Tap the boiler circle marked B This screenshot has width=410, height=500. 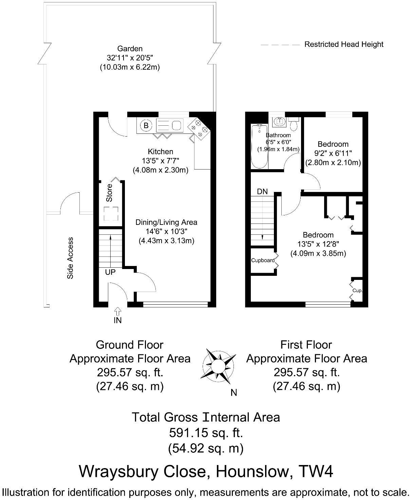[146, 125]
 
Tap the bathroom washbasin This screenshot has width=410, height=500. [279, 121]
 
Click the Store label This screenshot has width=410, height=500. [109, 193]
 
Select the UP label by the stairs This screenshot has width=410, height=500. [110, 272]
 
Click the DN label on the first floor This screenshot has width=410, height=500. [262, 192]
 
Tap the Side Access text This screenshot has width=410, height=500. [70, 258]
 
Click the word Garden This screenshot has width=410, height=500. [130, 49]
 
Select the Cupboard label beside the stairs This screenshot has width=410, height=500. [263, 261]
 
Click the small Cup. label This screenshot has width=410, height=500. [357, 291]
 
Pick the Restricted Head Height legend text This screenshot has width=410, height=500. [343, 44]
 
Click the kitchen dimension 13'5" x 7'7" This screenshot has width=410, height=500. [160, 161]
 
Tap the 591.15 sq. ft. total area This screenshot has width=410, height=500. [206, 433]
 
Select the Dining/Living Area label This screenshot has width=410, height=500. [166, 222]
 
